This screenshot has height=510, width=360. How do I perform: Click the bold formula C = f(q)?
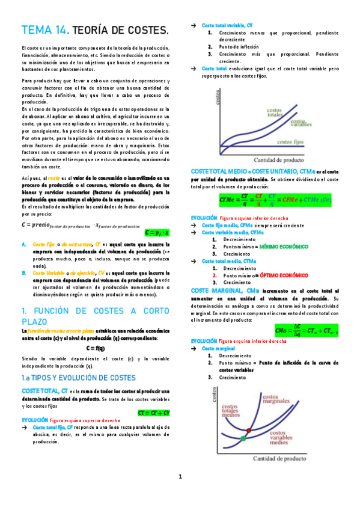96,348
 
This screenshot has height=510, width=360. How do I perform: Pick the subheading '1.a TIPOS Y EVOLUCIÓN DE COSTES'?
78,377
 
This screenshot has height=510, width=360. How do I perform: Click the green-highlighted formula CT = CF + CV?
154,413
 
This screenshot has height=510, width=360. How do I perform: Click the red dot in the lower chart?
251,422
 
